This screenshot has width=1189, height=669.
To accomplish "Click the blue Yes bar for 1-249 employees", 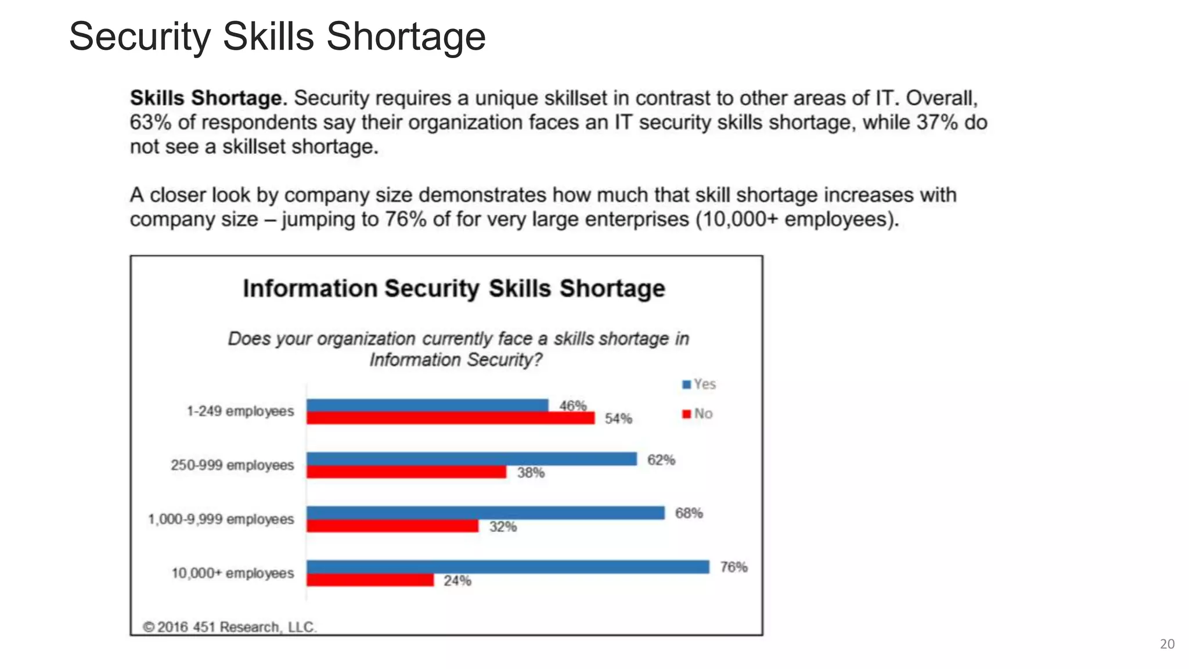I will [x=427, y=405].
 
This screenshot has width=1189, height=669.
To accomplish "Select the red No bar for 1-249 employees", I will [x=451, y=418].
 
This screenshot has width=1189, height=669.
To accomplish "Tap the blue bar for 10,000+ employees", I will [x=508, y=567].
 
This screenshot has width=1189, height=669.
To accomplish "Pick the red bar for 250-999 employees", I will [x=406, y=472].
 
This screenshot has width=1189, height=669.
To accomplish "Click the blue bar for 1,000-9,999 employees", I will [x=485, y=513].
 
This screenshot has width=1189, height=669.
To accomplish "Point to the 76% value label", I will [x=733, y=567].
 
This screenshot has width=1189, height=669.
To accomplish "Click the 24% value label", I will [x=457, y=581].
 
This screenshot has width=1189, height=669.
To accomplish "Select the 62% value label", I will [x=661, y=460].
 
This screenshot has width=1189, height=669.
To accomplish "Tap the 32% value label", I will [x=503, y=527].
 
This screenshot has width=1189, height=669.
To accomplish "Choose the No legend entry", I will [x=697, y=414].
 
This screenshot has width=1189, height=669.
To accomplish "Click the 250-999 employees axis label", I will [x=232, y=465].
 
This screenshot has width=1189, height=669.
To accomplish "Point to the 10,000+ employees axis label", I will [x=232, y=573].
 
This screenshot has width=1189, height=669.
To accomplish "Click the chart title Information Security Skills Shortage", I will [x=453, y=289].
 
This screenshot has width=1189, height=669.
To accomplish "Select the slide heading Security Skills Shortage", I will [x=277, y=37].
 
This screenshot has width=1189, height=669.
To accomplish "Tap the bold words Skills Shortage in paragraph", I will [x=208, y=98].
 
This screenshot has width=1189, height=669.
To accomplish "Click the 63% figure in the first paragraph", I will [x=150, y=123].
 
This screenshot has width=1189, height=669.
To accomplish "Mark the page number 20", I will [x=1167, y=644].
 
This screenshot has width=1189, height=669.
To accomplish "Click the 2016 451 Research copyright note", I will [x=230, y=627].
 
